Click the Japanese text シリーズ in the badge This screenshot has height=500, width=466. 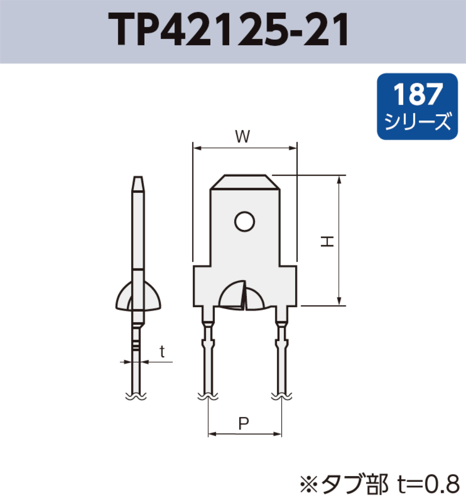pyautogui.click(x=417, y=122)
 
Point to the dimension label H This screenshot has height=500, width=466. pyautogui.click(x=328, y=242)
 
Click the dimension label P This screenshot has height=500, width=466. pyautogui.click(x=244, y=422)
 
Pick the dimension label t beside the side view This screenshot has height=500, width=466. pyautogui.click(x=162, y=351)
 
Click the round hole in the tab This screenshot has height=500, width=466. pyautogui.click(x=244, y=221)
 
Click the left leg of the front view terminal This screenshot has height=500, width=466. pyautogui.click(x=208, y=355)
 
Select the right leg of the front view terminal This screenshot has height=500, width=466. pyautogui.click(x=281, y=355)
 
